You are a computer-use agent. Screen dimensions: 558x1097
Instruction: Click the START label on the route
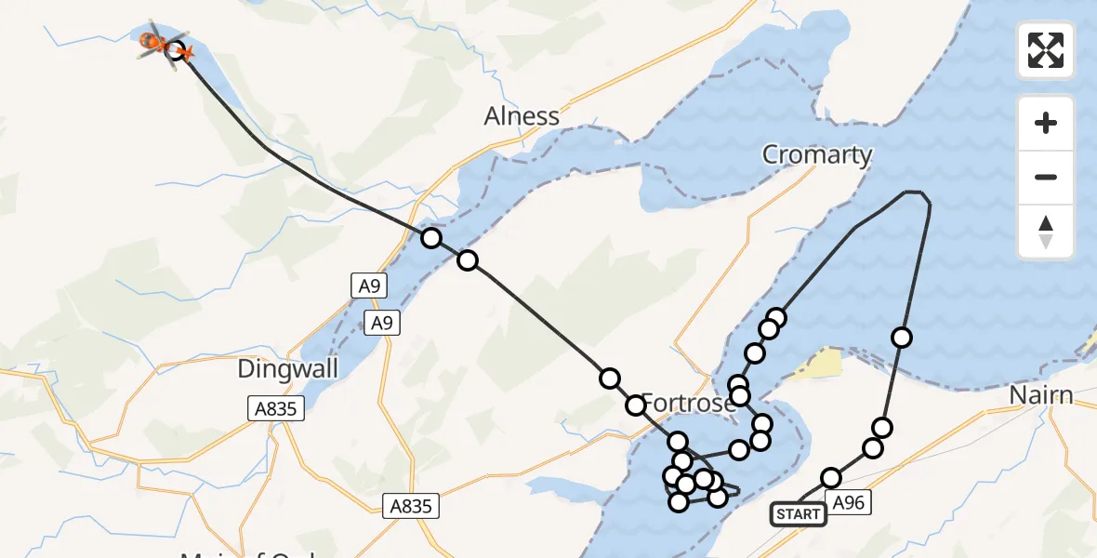[x=798, y=514]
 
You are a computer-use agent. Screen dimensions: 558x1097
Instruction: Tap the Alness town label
[x=522, y=116]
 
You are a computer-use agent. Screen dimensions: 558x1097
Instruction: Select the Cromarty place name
[x=817, y=154]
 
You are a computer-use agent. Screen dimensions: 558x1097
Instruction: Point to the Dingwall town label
[x=287, y=368]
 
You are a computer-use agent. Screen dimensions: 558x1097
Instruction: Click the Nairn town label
[x=1041, y=396]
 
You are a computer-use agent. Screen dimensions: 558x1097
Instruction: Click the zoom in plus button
[x=1046, y=123]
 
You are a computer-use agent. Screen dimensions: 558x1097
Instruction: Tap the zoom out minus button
[x=1046, y=177]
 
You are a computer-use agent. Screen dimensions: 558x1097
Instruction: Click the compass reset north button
[x=1046, y=232]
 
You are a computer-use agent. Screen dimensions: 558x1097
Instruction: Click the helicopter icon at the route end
[x=154, y=42]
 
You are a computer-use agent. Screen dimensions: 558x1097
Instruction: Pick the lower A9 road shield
[x=381, y=323]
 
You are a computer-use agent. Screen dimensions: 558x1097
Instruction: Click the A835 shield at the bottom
[x=411, y=506]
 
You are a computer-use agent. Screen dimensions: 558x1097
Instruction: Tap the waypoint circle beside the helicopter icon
[x=176, y=50]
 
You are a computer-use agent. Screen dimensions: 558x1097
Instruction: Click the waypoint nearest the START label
[x=831, y=478]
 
